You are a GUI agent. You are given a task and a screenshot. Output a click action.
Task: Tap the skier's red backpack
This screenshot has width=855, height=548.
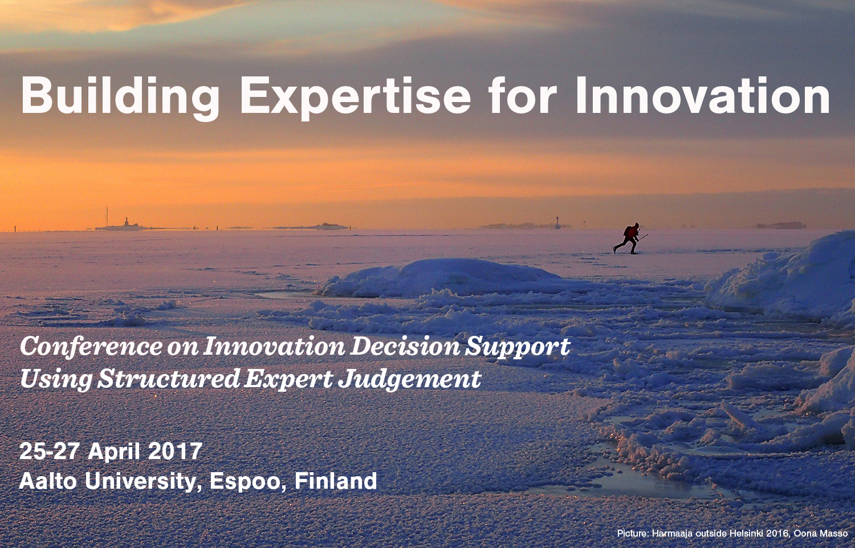click(x=628, y=232)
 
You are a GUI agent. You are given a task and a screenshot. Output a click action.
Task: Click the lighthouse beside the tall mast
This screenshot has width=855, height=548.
click(x=125, y=222)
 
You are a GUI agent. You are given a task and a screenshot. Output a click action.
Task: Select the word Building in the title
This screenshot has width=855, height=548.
click(x=120, y=96)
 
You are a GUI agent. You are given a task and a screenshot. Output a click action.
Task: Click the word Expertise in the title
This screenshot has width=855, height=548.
click(x=355, y=96)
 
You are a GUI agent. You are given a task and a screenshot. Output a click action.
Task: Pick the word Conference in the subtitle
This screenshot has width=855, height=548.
click(x=91, y=347)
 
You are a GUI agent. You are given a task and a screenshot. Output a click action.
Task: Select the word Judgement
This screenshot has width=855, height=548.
click(x=409, y=380)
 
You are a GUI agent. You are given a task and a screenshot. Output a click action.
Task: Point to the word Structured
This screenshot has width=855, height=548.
click(x=168, y=379)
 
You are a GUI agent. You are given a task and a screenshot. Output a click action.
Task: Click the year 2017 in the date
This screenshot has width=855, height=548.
click(x=175, y=451)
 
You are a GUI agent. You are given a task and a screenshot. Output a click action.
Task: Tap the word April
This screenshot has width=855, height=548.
click(x=113, y=452)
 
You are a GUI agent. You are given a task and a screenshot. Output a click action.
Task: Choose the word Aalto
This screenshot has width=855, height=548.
click(x=48, y=481)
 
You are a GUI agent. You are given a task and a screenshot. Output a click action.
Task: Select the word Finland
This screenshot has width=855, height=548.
click(x=336, y=481)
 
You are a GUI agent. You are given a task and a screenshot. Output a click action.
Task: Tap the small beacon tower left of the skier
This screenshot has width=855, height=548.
click(x=557, y=222)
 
